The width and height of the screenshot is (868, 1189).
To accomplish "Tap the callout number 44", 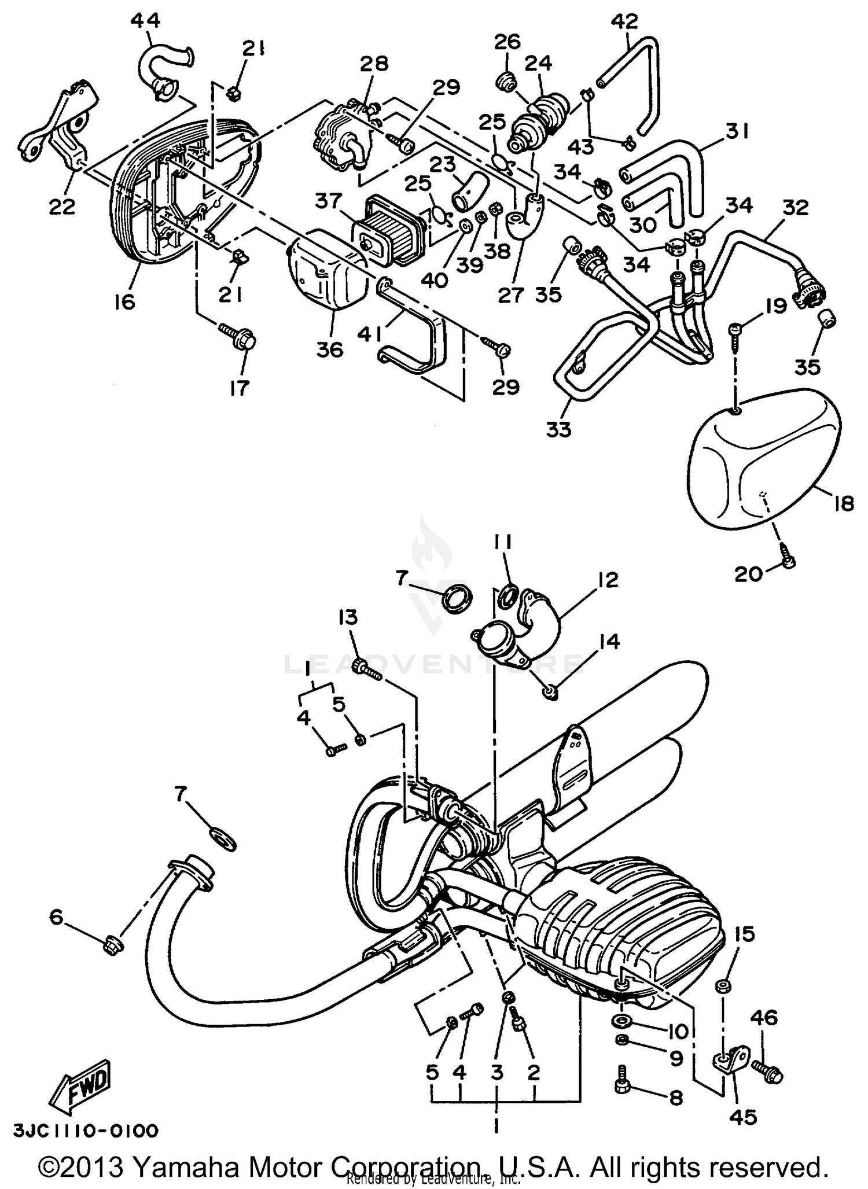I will pos(145,21).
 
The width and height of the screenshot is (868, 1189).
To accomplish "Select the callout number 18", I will pos(843,504).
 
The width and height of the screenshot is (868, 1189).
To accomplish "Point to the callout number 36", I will pos(330,350).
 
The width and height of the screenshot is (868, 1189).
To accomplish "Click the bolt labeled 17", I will pos(238,338).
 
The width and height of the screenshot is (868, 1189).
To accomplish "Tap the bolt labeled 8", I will pos(624,1087).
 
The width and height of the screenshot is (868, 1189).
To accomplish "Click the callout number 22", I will pos(62,207).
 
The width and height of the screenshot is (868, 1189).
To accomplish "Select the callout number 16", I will pos(124,301).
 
